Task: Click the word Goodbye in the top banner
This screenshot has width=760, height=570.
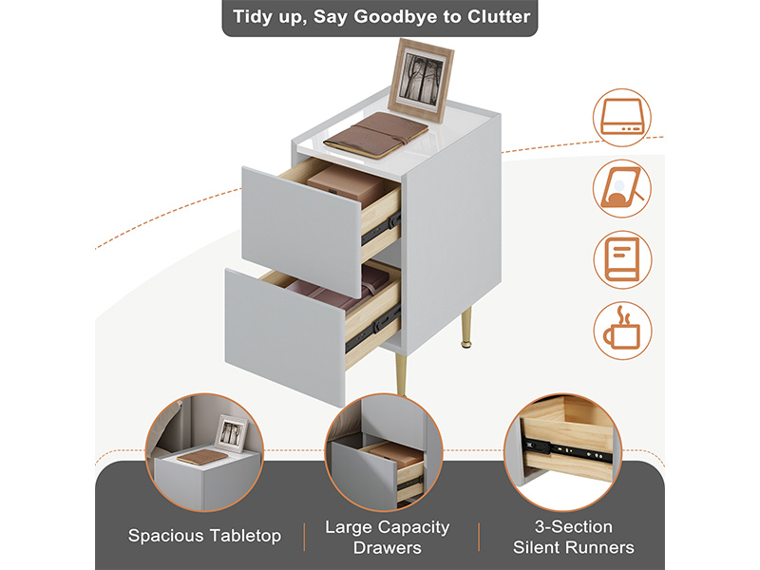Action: tap(395, 17)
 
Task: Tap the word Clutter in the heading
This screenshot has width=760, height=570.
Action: tap(499, 16)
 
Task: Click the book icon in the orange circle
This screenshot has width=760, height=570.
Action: tap(623, 259)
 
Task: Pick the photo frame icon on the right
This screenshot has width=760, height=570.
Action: tap(622, 188)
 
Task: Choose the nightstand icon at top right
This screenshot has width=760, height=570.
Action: tap(622, 117)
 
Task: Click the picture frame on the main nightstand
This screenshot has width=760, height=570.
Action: tap(421, 80)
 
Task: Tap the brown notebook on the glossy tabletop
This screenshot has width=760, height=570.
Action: tap(376, 135)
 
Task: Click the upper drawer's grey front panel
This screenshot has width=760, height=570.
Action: tap(301, 231)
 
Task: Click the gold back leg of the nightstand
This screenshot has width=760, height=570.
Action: tap(465, 327)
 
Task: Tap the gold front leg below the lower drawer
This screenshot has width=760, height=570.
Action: tap(401, 374)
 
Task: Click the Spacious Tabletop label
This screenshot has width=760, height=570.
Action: tap(204, 536)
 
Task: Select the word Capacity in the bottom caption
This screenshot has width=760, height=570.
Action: tap(414, 527)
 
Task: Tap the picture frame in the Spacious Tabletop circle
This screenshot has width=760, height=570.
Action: tap(231, 433)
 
